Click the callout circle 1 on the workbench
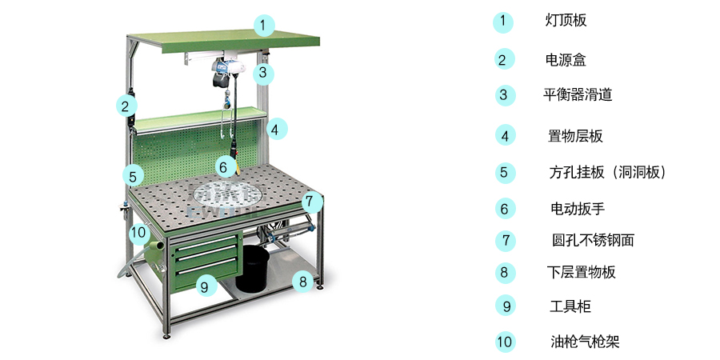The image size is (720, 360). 262,26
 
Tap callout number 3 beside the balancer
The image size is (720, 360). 262,73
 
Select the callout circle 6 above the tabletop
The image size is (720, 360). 223,166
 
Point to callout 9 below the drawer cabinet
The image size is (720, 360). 206,286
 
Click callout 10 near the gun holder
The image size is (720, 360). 138,233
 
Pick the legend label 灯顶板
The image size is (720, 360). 566,21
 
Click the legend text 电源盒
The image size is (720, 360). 566,60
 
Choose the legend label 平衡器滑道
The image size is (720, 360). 578,95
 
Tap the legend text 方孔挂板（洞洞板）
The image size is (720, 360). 607,173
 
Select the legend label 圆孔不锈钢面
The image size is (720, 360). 593,240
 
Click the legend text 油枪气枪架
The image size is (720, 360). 585,342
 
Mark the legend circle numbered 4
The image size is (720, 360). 505,135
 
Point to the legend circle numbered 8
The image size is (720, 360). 505,273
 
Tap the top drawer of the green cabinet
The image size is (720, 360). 206,246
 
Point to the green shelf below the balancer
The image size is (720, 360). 200,119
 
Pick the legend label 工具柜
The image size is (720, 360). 570,306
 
